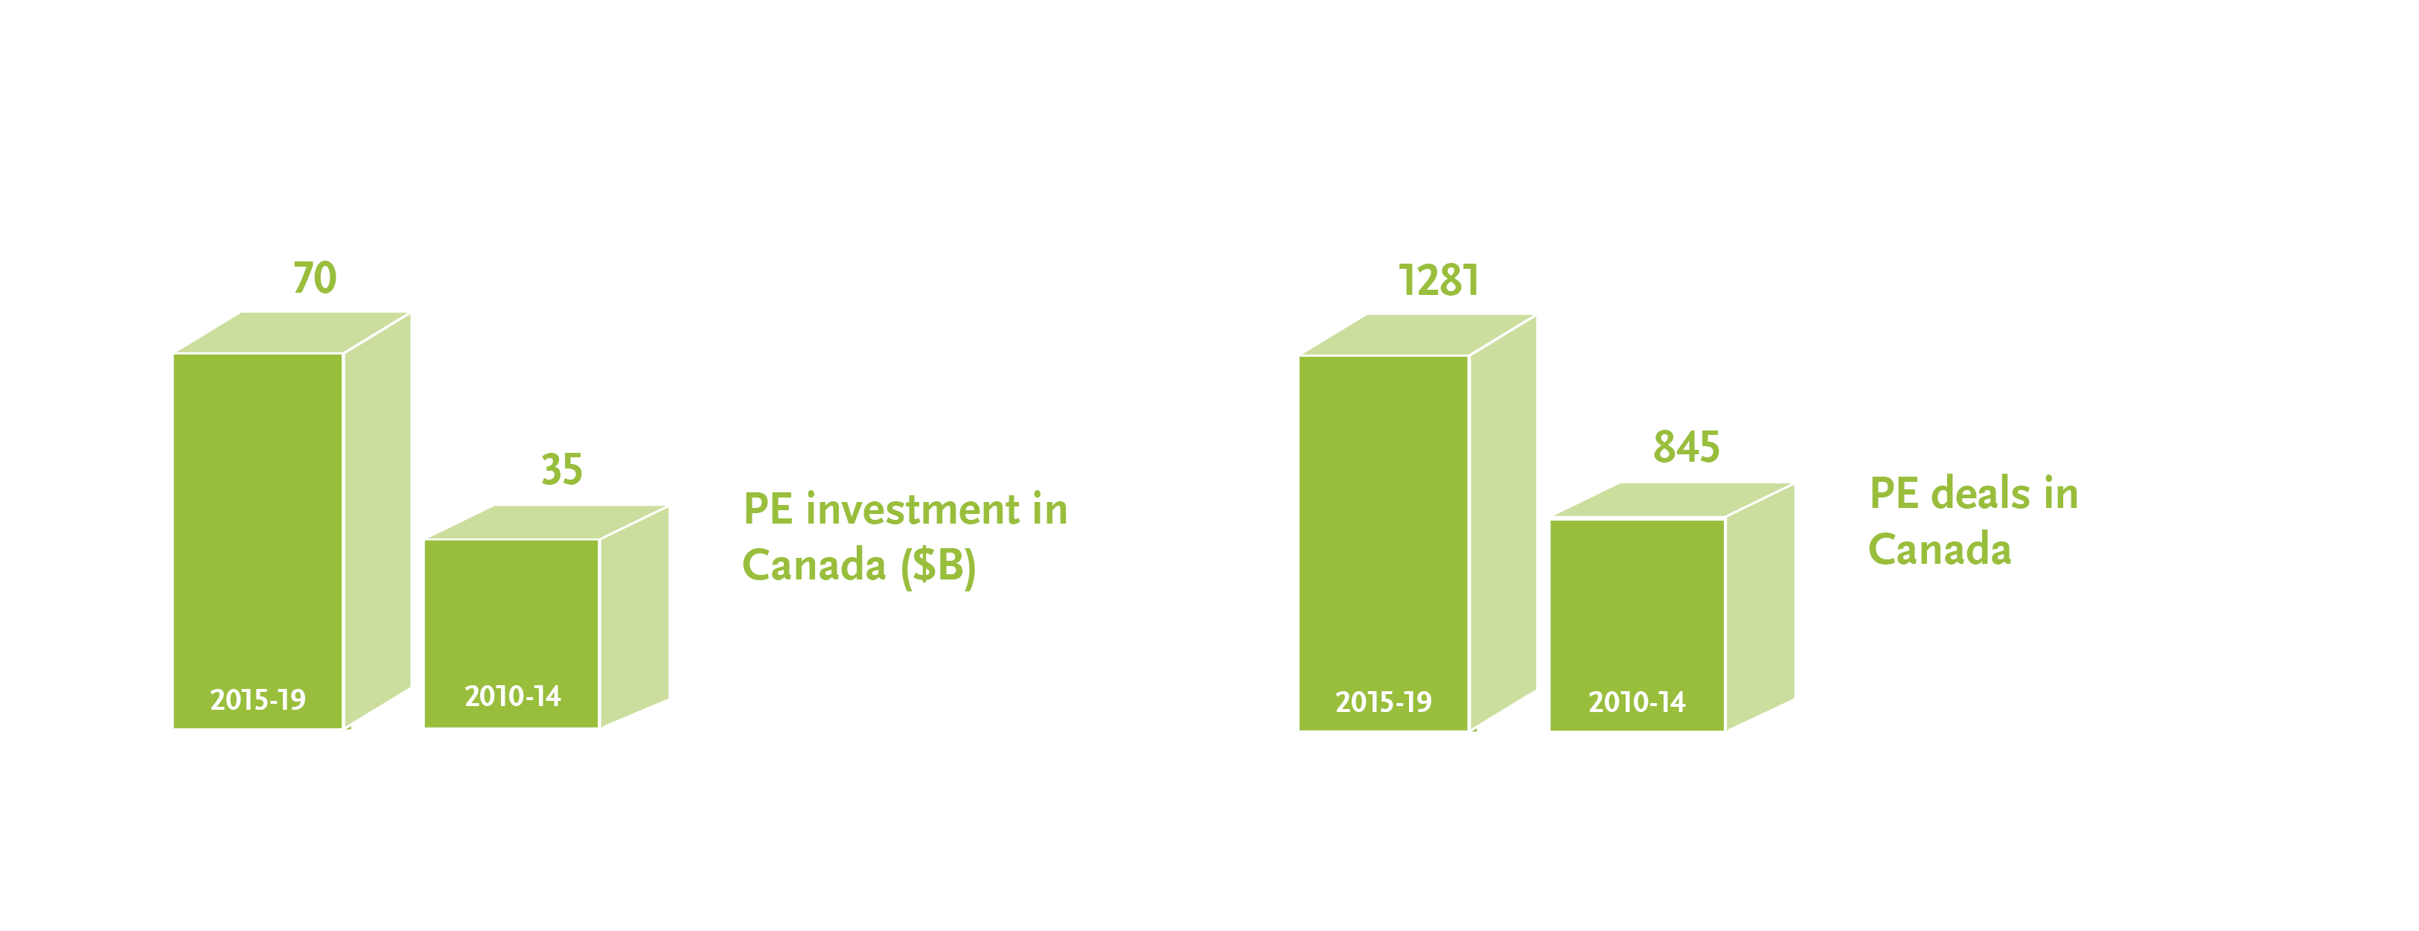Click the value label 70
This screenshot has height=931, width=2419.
point(315,278)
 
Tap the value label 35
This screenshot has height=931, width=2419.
point(561,468)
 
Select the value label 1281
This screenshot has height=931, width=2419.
point(1439,280)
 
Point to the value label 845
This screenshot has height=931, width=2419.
point(1687,446)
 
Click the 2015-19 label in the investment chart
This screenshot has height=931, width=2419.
point(258,700)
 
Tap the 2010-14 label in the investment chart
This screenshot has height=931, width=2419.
point(512,696)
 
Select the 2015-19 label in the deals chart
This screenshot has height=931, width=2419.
point(1383,702)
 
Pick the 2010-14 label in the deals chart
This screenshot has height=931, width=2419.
point(1637,702)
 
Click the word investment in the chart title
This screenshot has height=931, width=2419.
point(913,509)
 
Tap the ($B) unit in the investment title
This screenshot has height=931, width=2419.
point(938,565)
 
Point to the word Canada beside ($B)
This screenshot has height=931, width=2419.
point(814,565)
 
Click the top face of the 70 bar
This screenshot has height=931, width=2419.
point(292,333)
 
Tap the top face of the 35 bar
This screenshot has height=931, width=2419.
point(546,522)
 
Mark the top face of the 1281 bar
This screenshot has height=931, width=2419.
point(1418,334)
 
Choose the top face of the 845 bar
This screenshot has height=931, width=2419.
point(1672,501)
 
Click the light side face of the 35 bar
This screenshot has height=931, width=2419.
point(635,616)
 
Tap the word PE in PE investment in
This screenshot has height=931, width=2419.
point(768,509)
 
